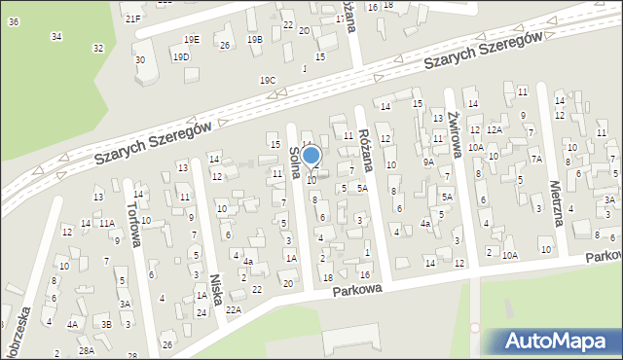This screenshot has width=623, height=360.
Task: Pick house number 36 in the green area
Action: pos(13,21)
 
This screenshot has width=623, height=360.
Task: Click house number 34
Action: pos(56,36)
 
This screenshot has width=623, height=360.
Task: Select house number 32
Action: pos(97,48)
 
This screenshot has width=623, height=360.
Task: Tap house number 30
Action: pos(140,60)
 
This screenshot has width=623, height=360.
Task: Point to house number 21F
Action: pos(132,18)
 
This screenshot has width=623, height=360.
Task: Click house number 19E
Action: pos(191,39)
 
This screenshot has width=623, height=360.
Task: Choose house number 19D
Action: pos(181,57)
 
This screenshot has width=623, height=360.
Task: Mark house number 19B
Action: pos(255,40)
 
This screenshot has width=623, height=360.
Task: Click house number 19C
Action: pos(268,80)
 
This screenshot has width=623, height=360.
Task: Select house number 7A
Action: pos(535,158)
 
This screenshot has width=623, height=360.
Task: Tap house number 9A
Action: pos(428,162)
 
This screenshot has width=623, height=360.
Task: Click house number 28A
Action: pos(87,350)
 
